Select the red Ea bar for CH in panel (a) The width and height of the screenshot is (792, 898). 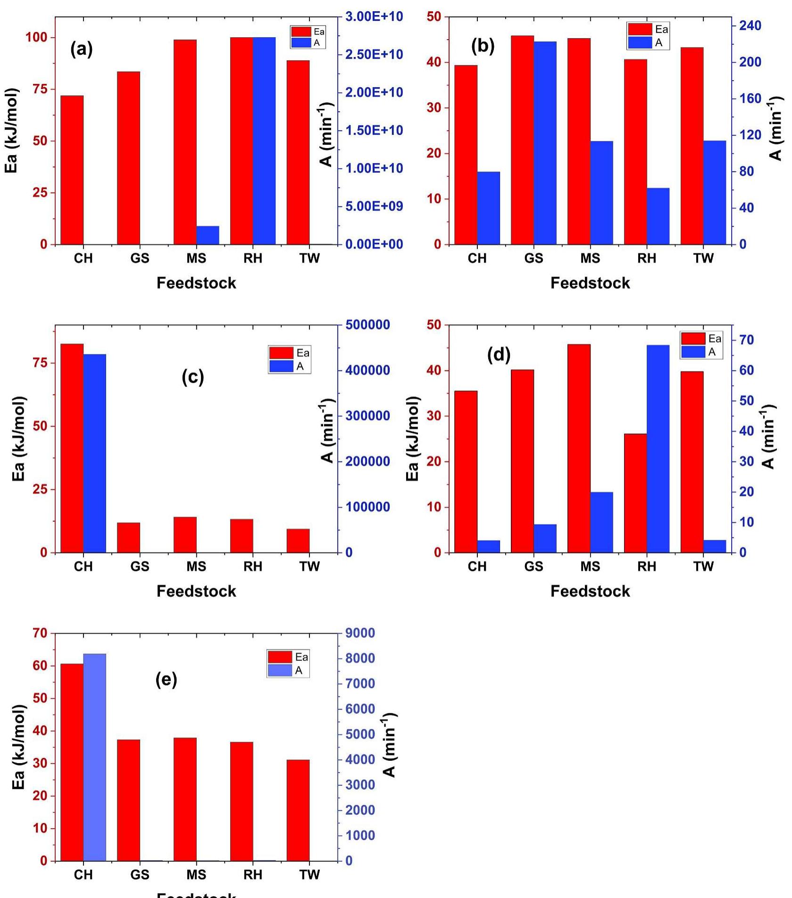72,170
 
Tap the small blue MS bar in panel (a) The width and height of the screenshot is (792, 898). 208,235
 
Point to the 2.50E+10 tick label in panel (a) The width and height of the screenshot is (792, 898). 374,55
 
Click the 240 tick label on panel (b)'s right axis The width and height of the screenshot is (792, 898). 750,26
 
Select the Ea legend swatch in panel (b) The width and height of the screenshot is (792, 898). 640,29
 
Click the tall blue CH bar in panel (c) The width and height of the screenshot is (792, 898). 95,453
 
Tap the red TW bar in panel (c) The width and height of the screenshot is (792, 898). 298,540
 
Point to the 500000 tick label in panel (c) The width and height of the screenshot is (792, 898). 368,325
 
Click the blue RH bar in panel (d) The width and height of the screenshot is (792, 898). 658,448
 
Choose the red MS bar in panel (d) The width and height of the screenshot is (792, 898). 579,448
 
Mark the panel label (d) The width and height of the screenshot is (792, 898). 499,355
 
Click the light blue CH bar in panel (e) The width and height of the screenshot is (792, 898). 95,757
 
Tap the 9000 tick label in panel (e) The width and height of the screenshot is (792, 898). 360,633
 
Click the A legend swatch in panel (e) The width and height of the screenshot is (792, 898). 280,670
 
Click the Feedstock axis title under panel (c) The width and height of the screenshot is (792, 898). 196,591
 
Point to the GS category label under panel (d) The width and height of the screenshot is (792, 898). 534,566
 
